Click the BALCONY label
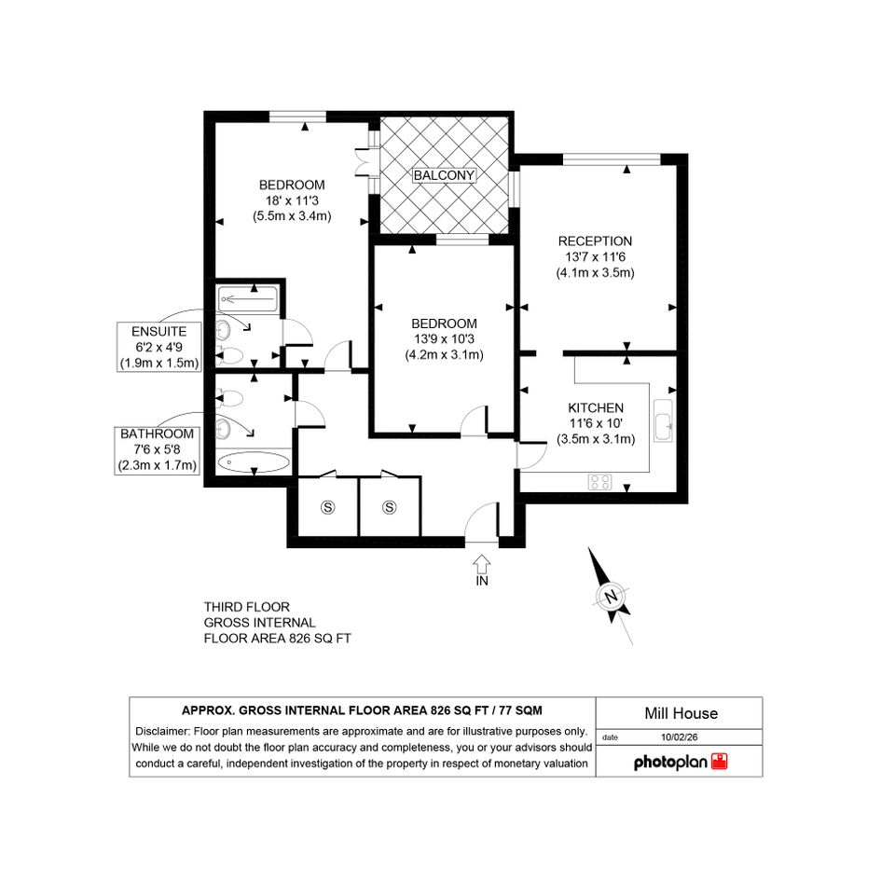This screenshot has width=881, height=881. coord(444,175)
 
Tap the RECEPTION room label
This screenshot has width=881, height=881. coord(595,241)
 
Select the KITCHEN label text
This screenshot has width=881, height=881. coord(596,408)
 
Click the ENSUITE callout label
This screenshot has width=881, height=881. coord(159,332)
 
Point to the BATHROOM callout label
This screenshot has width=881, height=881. coord(157,434)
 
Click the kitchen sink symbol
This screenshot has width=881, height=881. coord(664,420)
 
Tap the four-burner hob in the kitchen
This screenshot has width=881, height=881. coord(600,482)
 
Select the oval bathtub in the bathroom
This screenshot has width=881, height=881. coord(254,463)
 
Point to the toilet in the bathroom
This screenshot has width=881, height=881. coord(229,398)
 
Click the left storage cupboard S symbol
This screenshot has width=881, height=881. coord(327,507)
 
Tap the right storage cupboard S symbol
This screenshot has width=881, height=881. coord(390,507)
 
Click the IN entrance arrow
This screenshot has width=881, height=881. coord(481,563)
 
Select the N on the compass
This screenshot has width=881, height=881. coord(611,596)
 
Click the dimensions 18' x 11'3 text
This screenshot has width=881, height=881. coord(292,200)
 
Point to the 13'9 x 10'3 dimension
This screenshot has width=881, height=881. coord(444,338)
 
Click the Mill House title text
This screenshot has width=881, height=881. coord(681,713)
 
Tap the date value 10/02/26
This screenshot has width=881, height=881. coord(680,737)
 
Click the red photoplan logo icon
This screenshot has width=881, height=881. coord(719,762)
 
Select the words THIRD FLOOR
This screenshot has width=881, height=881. coord(247,607)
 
